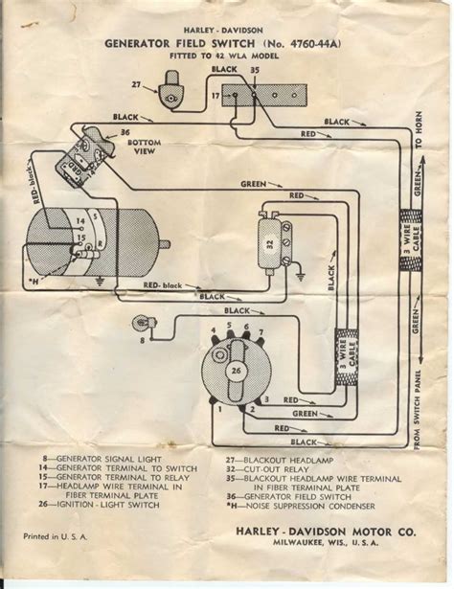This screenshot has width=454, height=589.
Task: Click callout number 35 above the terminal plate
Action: (254, 70)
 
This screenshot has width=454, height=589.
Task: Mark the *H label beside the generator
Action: (38, 279)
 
